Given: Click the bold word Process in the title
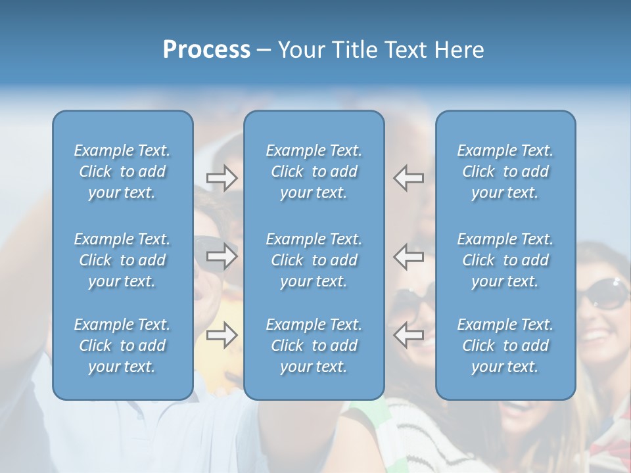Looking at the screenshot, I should click(206, 50).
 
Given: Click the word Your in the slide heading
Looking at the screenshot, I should click(302, 50).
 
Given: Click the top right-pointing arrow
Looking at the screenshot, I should click(222, 177).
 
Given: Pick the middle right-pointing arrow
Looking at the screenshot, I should click(222, 256).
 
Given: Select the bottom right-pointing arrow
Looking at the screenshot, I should click(222, 335).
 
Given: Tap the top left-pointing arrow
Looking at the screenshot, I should click(408, 177).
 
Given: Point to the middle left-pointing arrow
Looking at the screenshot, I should click(408, 256).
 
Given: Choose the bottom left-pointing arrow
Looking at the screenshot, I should click(408, 335).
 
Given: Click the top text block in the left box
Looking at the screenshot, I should click(122, 171).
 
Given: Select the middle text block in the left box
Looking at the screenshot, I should click(122, 260).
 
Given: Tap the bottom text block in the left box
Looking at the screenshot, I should click(122, 346).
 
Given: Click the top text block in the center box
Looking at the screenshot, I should click(314, 171).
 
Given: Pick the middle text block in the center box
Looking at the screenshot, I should click(314, 260).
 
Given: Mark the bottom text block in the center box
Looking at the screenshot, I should click(314, 346).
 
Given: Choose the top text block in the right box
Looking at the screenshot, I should click(505, 171).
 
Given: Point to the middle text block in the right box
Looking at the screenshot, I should click(505, 260).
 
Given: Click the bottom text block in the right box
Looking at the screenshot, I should click(505, 346).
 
